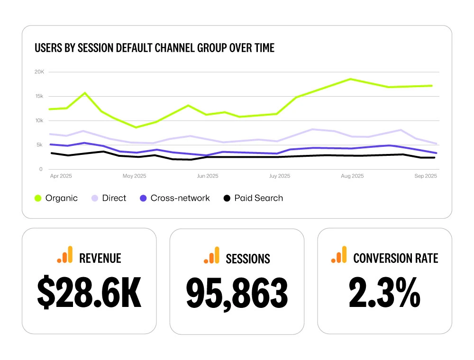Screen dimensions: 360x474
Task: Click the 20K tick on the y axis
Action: tap(39, 72)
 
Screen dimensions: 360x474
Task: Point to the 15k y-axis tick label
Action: tap(39, 96)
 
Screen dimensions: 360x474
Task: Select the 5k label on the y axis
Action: tap(39, 145)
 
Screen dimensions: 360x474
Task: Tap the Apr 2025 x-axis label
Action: tap(60, 176)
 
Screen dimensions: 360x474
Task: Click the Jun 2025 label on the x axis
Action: tap(207, 176)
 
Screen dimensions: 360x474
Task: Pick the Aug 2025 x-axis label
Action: tap(352, 176)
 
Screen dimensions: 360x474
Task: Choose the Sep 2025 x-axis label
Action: tap(425, 176)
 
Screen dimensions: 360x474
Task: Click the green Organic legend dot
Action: tap(38, 198)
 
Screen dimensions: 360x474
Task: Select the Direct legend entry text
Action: tap(114, 198)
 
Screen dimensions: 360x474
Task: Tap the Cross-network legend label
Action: tap(180, 198)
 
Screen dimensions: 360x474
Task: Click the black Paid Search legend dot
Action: tap(227, 198)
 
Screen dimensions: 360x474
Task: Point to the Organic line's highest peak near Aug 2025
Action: tap(351, 79)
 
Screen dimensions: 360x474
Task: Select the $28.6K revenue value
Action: tap(89, 293)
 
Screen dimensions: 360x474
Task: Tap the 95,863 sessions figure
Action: tap(237, 293)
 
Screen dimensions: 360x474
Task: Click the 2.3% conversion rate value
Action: tap(384, 293)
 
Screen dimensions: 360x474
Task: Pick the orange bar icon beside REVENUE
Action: tap(65, 255)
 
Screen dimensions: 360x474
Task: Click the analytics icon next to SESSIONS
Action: tap(211, 255)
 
